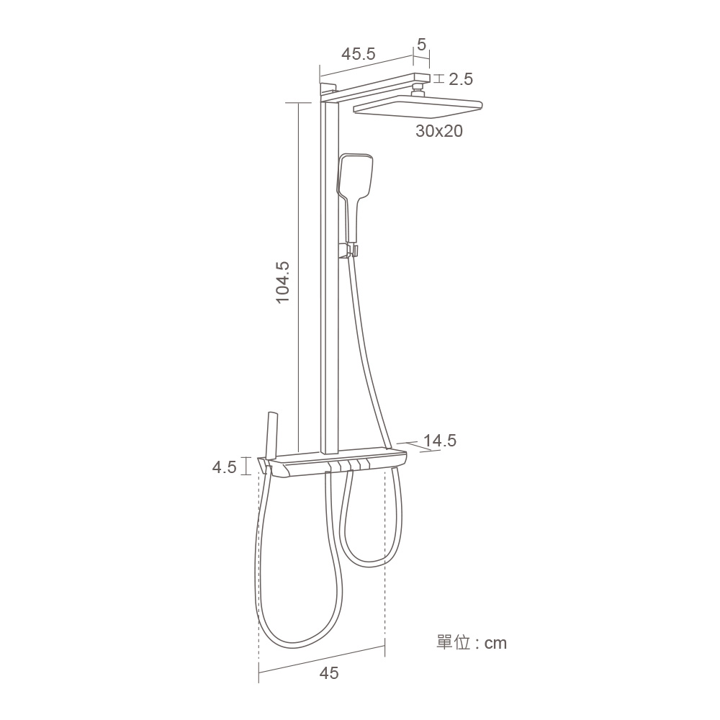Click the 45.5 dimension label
[358, 54]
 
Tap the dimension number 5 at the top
[421, 45]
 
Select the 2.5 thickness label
[461, 79]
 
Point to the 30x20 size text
[439, 131]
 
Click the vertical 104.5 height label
[283, 282]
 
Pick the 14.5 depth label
[439, 441]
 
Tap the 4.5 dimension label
[224, 467]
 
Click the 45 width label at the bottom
[329, 673]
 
